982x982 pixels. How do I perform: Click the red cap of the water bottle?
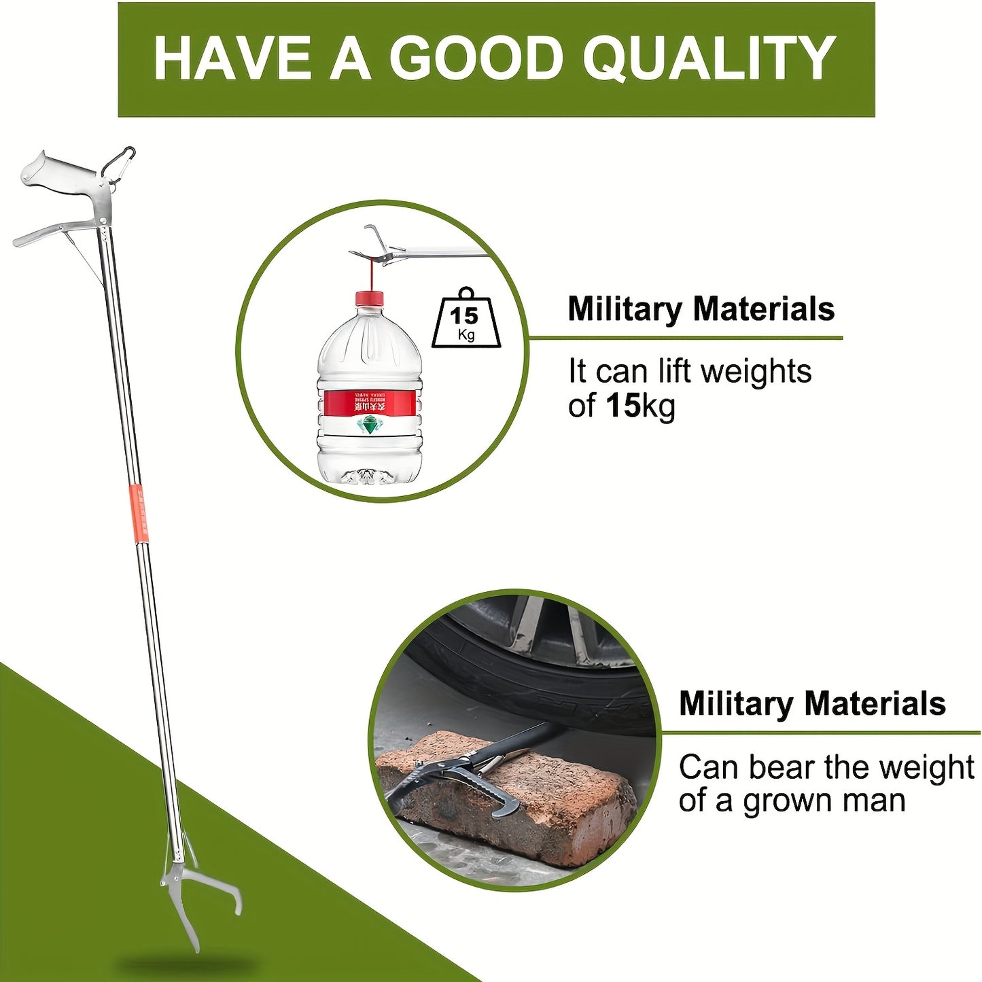pos(369,298)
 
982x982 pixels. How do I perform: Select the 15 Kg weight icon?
pos(466,320)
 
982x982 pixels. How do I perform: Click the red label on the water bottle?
pos(369,402)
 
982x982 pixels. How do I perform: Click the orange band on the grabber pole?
pos(140,514)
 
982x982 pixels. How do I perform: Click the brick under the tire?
pos(516,795)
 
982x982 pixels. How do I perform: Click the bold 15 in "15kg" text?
pos(622,406)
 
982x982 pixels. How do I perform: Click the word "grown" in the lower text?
pos(788,801)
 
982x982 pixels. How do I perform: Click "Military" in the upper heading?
pos(624,309)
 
